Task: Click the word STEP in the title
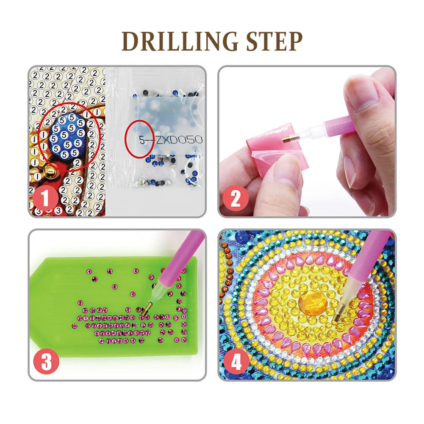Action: pos(274,42)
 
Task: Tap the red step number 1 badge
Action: pos(45,199)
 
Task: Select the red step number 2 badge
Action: pos(236,199)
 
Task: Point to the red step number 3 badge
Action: pos(46,361)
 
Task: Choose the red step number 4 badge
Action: pos(236,361)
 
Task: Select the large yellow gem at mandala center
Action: pos(313,301)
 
